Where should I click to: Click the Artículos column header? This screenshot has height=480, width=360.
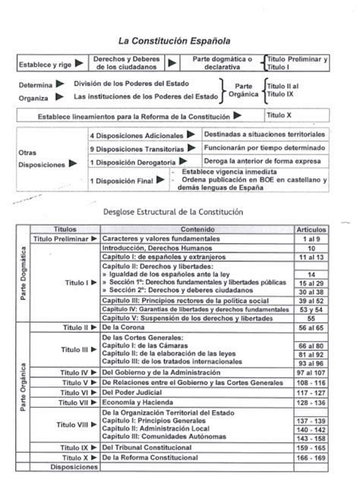(x=311, y=229)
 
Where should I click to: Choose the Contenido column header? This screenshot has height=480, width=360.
(x=194, y=229)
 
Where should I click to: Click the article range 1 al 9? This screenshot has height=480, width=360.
(x=311, y=238)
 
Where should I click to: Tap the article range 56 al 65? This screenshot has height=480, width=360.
(x=311, y=327)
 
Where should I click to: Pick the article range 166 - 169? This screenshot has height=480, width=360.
(x=311, y=458)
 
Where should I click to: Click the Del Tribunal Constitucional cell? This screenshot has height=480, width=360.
(x=151, y=448)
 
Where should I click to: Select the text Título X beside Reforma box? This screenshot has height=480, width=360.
(x=279, y=115)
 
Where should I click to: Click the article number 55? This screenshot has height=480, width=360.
(x=311, y=317)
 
